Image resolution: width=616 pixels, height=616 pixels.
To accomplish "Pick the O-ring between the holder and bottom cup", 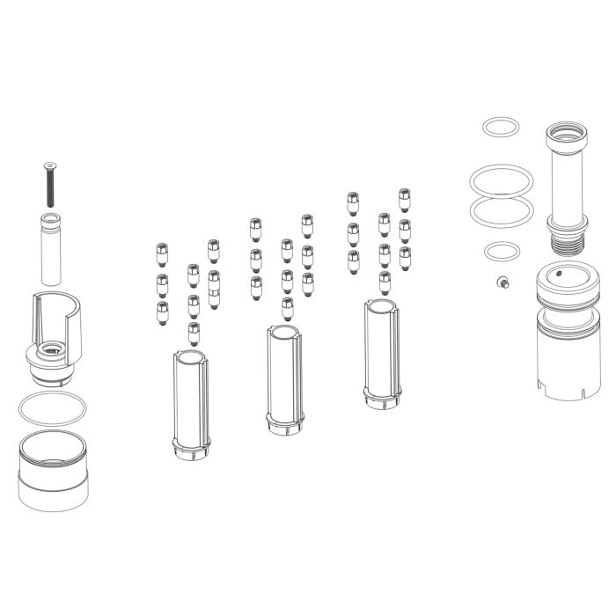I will tap(53, 408).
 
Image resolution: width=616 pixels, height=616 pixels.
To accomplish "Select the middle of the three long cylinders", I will tap(286, 378).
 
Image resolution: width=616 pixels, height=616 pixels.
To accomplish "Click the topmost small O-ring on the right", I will tap(502, 128).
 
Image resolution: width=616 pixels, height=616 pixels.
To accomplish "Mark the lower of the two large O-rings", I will tap(502, 211).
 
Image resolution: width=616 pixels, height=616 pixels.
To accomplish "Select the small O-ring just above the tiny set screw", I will tap(502, 253).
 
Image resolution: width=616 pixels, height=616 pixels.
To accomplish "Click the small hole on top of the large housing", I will tap(560, 273).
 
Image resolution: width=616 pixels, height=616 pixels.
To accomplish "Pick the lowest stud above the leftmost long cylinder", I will tap(194, 333).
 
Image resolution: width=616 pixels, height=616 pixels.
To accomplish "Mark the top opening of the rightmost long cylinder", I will tap(383, 306).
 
